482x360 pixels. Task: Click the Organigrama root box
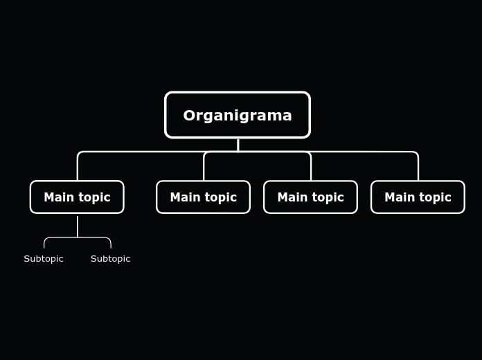(238, 115)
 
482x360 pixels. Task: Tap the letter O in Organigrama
(189, 116)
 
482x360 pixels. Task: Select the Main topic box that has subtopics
(77, 197)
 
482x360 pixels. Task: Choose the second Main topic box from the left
(203, 197)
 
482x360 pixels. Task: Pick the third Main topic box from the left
(310, 197)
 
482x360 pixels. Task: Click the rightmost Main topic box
(418, 197)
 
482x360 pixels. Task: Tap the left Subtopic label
(44, 259)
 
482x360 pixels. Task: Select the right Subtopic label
(110, 259)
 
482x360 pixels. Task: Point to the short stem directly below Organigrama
(238, 145)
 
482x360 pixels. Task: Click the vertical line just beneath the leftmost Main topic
(78, 226)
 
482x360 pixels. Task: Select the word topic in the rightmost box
(434, 198)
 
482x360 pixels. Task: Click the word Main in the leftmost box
(58, 197)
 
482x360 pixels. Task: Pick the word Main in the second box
(184, 197)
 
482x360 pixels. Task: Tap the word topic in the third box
(327, 198)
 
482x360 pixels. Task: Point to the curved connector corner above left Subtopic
(46, 240)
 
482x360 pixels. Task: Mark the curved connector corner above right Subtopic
(109, 240)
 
